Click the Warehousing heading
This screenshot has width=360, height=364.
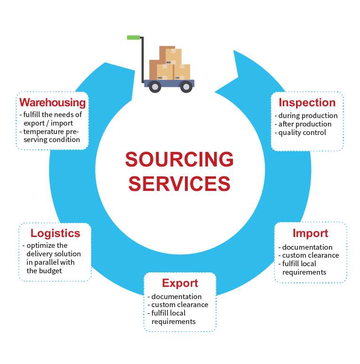point(52,103)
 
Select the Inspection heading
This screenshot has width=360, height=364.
point(307,103)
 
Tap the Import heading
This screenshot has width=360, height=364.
point(310,233)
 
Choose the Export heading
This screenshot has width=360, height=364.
point(180,283)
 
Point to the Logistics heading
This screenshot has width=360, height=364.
point(55,233)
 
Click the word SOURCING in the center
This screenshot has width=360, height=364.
point(179,160)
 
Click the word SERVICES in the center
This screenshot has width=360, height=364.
point(179,183)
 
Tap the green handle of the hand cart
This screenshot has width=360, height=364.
point(134,37)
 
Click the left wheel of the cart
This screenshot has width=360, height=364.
point(154,87)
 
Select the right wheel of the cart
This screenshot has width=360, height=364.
point(186,87)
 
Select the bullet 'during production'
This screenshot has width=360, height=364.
point(308,116)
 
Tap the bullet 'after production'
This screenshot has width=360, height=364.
point(305,124)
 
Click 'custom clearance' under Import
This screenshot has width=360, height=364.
point(311,255)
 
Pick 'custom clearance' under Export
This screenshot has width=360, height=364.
point(180,305)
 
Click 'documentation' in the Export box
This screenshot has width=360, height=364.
point(176,297)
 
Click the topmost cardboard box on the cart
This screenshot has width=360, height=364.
point(168,53)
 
